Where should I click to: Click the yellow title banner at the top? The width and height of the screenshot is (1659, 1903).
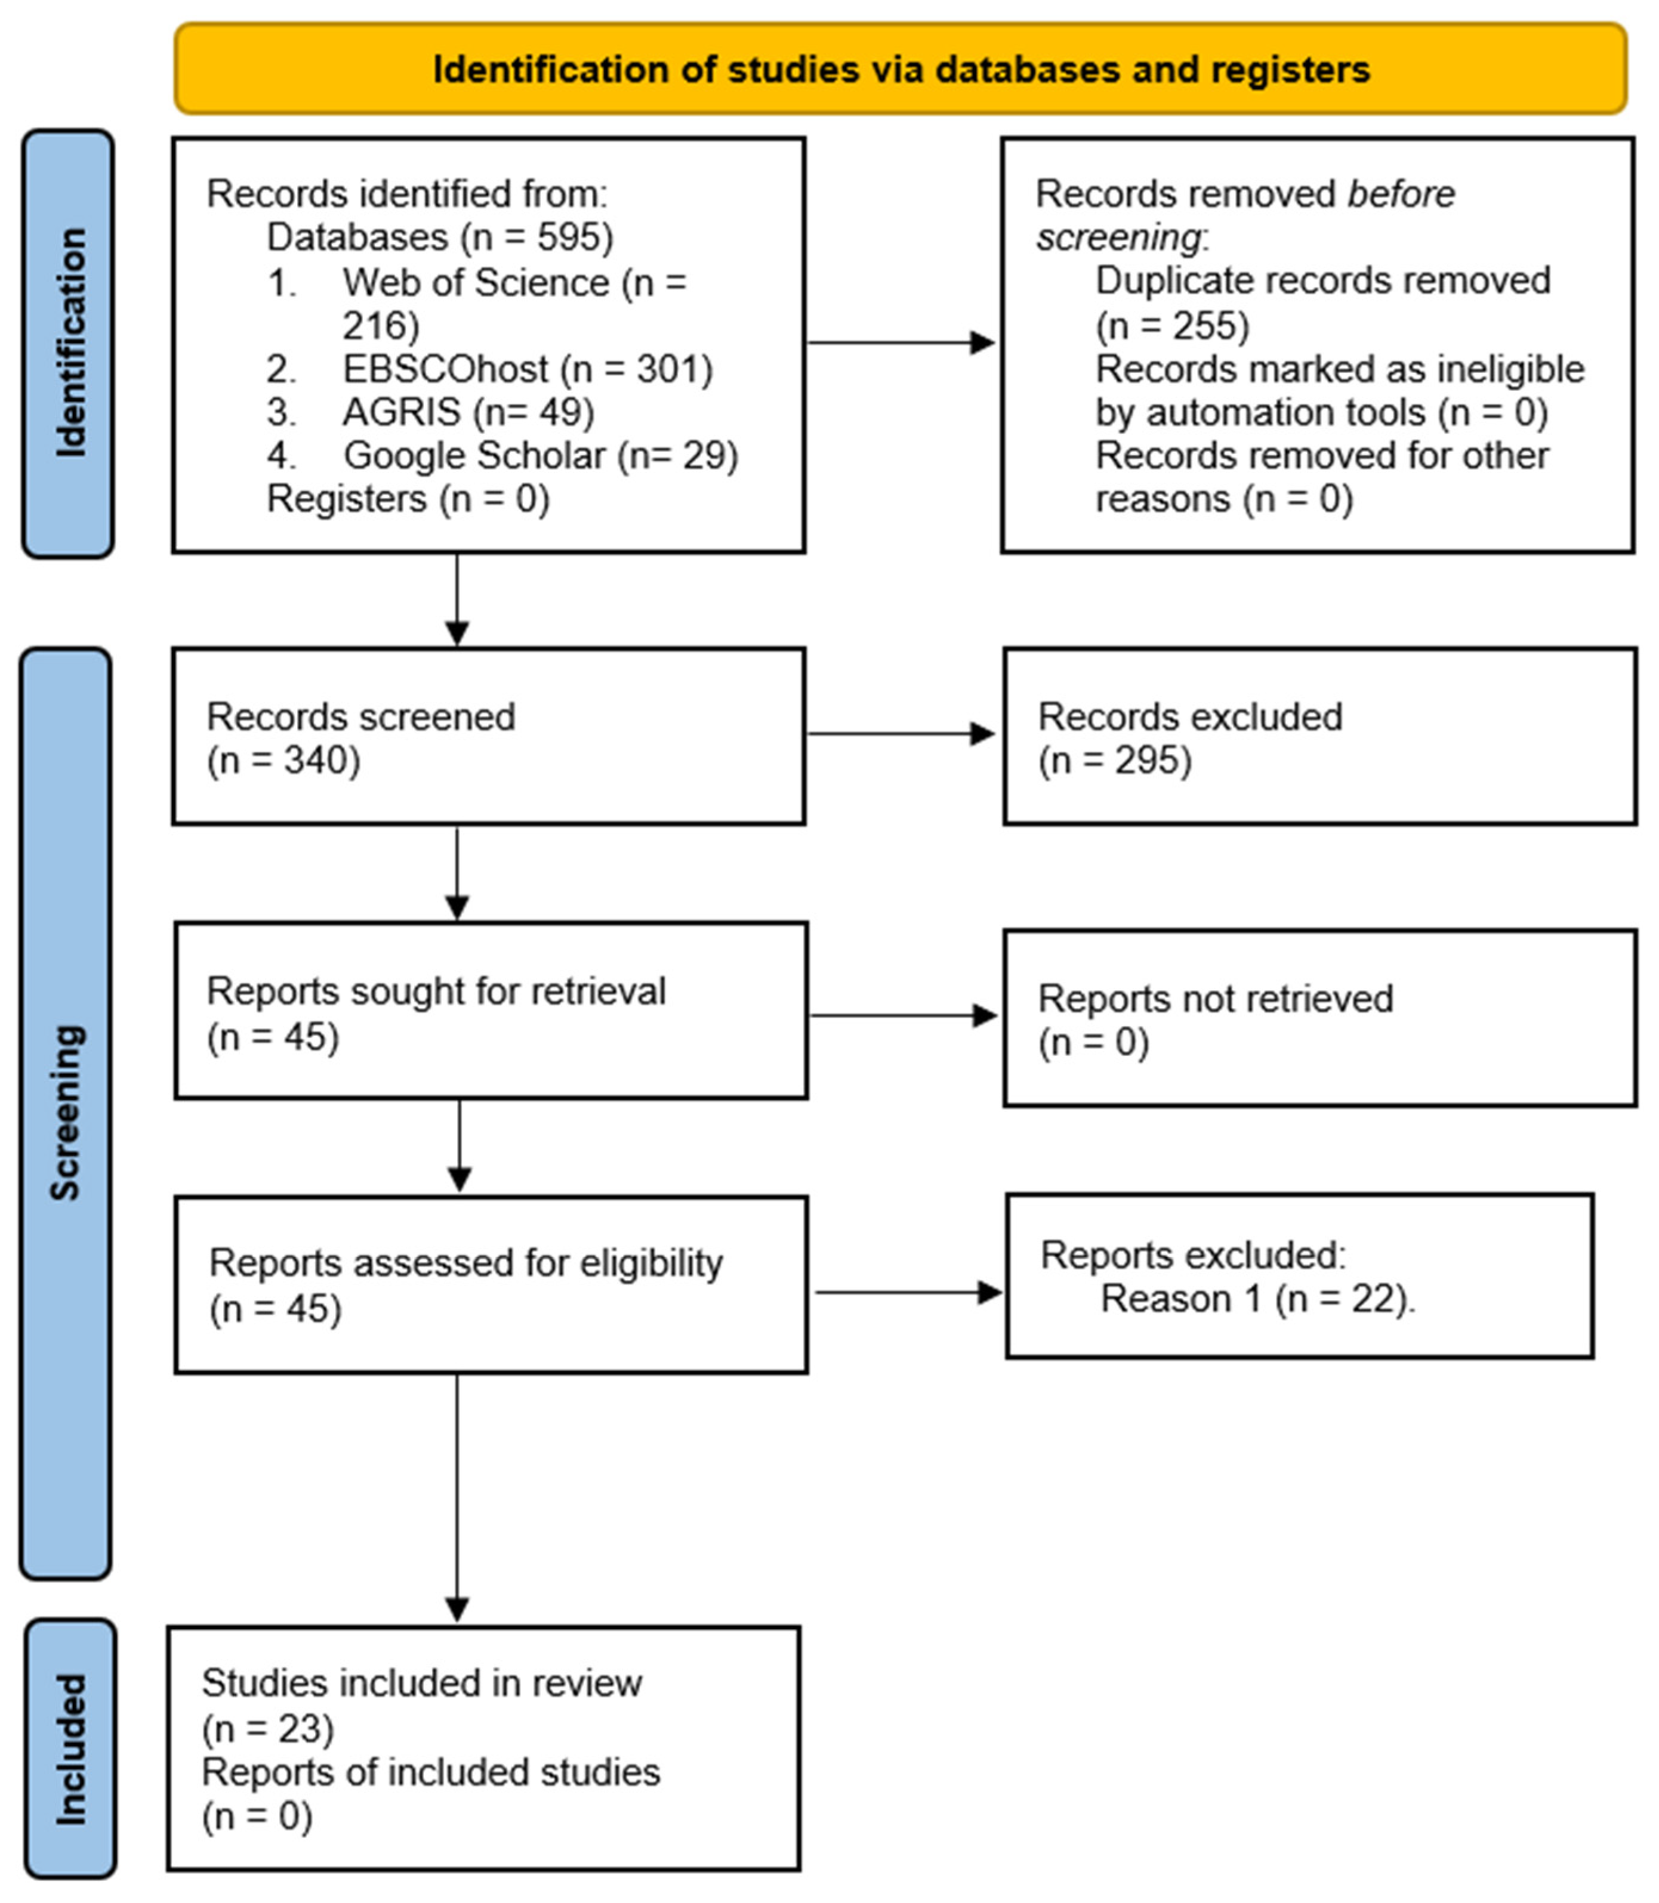[x=900, y=69]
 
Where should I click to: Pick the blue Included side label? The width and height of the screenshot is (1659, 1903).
[x=70, y=1748]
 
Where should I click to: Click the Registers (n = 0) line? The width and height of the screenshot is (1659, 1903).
[x=408, y=499]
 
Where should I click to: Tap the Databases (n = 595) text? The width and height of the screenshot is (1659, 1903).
[x=440, y=238]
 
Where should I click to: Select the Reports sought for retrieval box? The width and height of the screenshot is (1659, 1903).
[x=491, y=1011]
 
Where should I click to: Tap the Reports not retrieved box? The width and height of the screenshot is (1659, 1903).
[x=1319, y=1018]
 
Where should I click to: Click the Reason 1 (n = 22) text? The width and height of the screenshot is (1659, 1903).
[x=1257, y=1299]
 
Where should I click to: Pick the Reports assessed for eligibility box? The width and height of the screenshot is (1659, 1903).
[x=491, y=1285]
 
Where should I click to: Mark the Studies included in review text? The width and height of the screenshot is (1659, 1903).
[x=421, y=1683]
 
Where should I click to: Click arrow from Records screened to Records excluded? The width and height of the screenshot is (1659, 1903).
[x=900, y=734]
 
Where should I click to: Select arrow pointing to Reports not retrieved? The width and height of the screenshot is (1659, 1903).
[x=903, y=1015]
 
